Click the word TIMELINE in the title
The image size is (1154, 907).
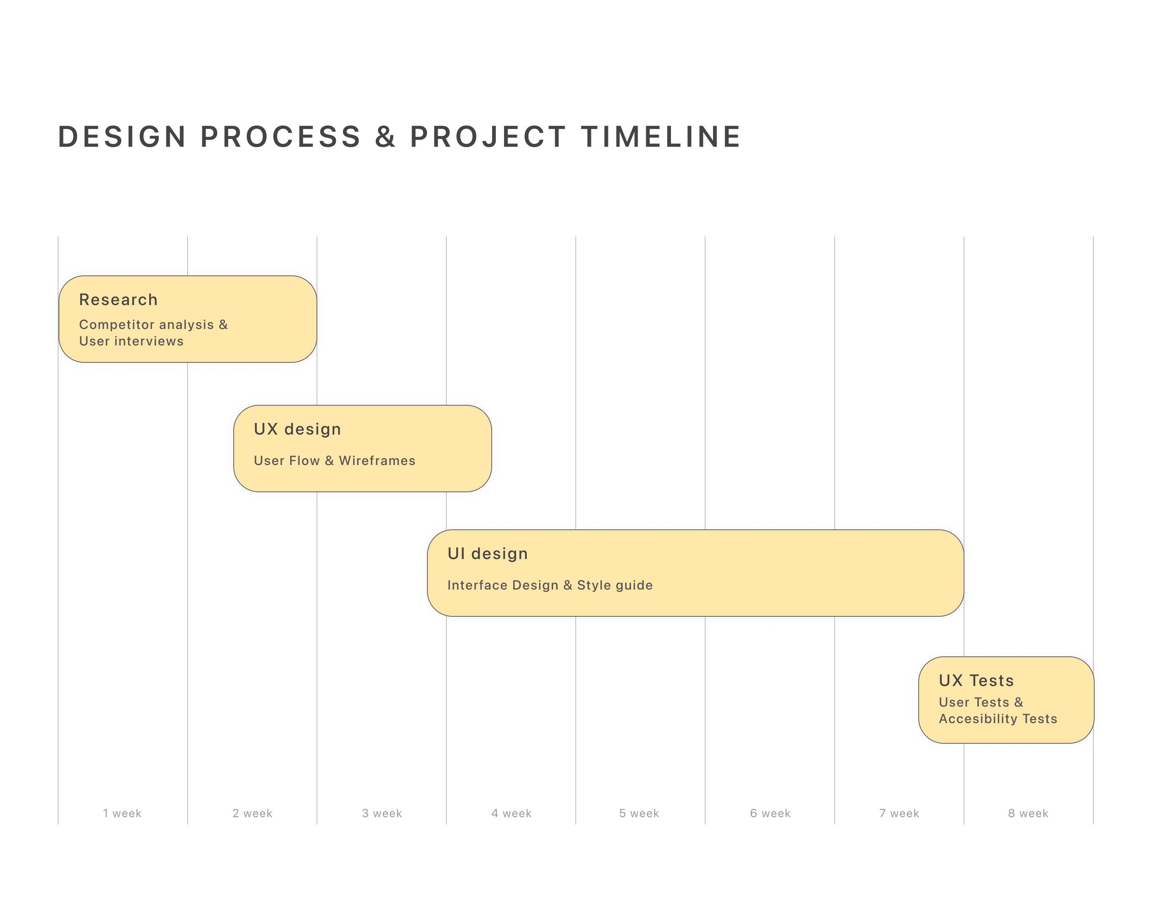pos(661,136)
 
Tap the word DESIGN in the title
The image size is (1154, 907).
pos(122,136)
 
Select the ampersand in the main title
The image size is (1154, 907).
pos(385,136)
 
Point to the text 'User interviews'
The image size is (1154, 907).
pos(131,341)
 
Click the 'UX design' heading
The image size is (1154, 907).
pos(297,429)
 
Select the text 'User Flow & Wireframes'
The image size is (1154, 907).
pos(334,461)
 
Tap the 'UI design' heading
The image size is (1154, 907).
pos(487,553)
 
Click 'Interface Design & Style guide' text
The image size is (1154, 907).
pos(550,585)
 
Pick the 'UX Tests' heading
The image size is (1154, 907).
pos(976,680)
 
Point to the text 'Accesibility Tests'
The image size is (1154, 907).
pos(998,719)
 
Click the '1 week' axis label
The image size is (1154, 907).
pos(122,813)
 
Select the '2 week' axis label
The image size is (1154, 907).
pos(252,813)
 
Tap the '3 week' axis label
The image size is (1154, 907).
pos(382,813)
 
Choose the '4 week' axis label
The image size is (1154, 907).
pos(511,813)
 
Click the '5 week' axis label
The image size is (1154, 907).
pos(639,813)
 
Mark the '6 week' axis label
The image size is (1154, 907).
pos(770,813)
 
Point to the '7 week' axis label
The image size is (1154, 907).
pos(899,813)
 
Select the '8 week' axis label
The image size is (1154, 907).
pos(1028,813)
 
